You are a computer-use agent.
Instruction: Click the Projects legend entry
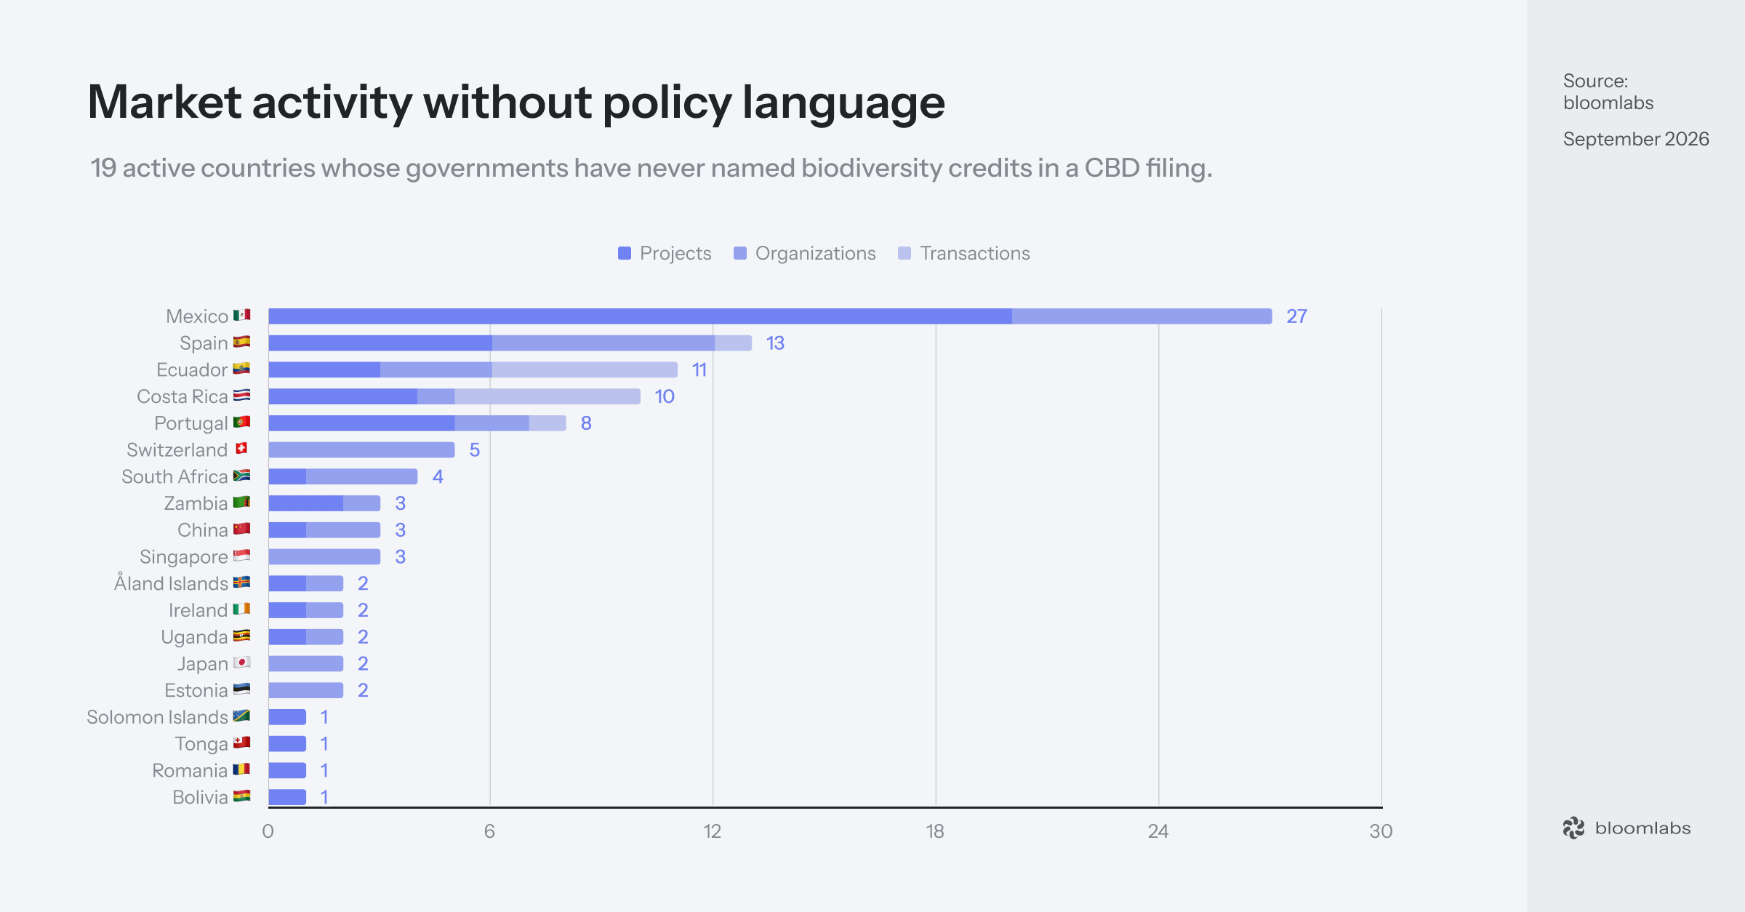pos(665,253)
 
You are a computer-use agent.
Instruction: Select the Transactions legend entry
pos(964,253)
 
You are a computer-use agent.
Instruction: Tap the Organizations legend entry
pos(805,253)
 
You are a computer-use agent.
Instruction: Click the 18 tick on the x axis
pos(935,831)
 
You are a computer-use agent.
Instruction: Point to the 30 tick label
pos(1381,831)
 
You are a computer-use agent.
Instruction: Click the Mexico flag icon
pos(242,315)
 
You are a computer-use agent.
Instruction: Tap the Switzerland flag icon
pos(242,449)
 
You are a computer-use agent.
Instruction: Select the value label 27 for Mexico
pos(1296,316)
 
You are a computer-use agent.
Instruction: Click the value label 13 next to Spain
pos(775,343)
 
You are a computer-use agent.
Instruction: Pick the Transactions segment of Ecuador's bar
pos(585,369)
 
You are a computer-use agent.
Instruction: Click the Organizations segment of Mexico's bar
pos(1142,316)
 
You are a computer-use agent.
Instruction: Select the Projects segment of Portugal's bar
pos(361,423)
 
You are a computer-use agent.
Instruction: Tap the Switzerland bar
pos(361,449)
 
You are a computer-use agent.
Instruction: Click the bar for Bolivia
pos(287,797)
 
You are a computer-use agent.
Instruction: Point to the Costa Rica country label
pos(182,396)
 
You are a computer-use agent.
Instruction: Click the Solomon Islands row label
pos(157,717)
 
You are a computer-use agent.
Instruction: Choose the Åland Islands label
pos(171,583)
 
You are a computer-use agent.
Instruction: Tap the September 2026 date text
pos(1636,139)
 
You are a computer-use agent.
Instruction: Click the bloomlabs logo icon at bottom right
pos(1573,828)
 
